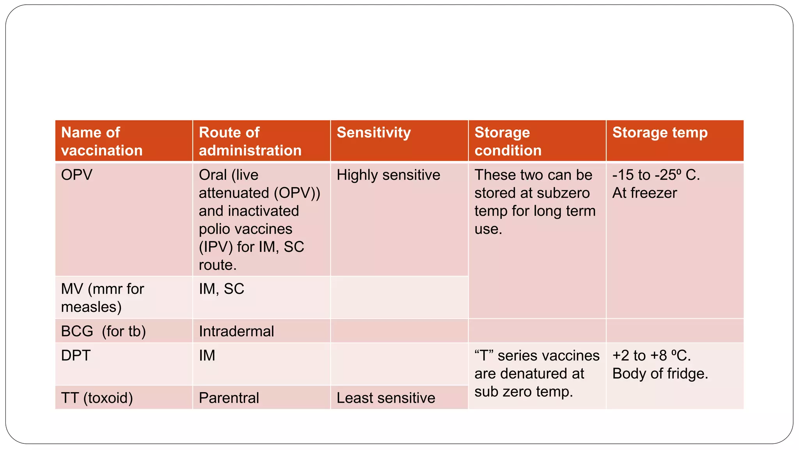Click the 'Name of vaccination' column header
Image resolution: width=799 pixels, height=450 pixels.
102,141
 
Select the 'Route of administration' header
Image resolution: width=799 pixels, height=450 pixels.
250,141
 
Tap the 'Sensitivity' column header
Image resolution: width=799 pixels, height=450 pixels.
373,132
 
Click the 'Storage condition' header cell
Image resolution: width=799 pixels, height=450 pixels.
508,141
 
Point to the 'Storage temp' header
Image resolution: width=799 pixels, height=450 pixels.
660,132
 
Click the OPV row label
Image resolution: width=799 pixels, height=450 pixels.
77,175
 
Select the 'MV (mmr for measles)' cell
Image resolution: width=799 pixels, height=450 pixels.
103,298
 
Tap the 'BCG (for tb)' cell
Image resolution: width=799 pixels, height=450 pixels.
103,331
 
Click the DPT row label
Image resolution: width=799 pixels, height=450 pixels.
76,355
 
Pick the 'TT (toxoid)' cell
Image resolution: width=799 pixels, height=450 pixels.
97,398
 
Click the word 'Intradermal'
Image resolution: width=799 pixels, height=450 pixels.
236,331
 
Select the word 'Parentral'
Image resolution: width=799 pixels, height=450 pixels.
229,398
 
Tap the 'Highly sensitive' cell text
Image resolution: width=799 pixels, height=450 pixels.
388,175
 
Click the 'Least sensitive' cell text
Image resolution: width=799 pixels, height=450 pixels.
386,398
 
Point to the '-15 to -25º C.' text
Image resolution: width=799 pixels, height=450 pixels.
656,175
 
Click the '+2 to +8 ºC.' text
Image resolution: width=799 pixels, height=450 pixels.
652,355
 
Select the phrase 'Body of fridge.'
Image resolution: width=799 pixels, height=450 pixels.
660,374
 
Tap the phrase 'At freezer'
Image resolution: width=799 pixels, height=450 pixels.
645,193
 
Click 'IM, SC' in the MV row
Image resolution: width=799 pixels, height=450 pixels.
221,289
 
